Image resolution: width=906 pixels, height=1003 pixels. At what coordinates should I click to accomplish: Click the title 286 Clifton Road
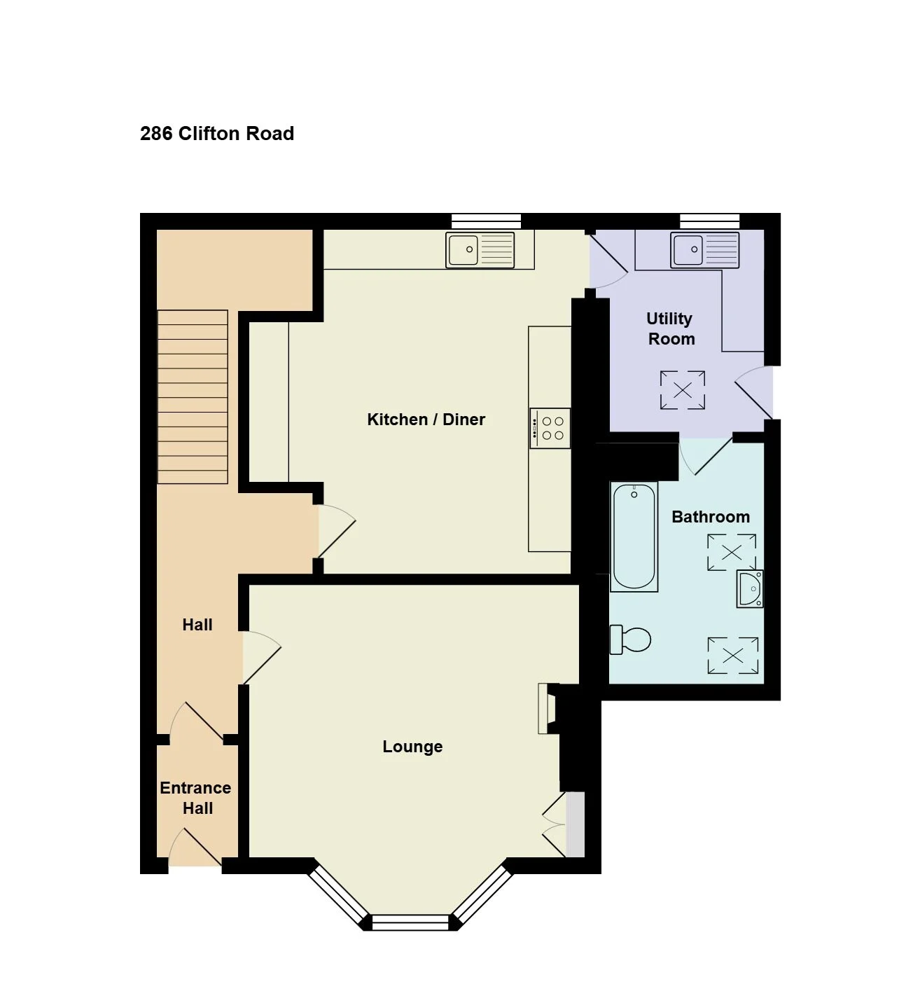pos(217,134)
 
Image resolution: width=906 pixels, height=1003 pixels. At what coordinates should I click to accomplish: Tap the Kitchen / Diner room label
pos(426,419)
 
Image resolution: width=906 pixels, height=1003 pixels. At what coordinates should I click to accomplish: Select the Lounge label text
pos(412,746)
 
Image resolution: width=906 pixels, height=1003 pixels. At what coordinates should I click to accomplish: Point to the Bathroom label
pos(711,516)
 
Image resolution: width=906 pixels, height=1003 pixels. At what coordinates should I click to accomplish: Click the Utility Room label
pos(670,328)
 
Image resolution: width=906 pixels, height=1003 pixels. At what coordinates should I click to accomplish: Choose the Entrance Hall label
pos(195,798)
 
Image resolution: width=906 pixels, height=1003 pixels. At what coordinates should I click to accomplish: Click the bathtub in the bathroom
pos(634,537)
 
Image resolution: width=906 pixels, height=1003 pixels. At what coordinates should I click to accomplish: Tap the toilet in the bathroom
pos(630,639)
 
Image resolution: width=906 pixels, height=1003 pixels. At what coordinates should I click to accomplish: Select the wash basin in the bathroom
pos(749,589)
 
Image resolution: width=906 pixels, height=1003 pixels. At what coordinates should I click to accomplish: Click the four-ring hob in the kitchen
pos(550,428)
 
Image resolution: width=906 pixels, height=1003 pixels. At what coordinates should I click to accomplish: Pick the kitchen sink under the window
pos(480,249)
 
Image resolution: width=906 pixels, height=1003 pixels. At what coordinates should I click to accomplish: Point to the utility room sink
pos(704,249)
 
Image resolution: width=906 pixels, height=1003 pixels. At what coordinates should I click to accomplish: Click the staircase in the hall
pos(193,396)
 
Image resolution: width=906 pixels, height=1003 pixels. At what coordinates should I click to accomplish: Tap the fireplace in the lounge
pos(548,709)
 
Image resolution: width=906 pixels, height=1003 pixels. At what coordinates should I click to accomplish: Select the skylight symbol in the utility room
pos(683,390)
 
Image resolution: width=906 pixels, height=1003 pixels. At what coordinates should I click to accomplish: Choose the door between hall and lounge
pos(261,658)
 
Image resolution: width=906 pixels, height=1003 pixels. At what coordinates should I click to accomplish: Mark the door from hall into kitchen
pos(337,531)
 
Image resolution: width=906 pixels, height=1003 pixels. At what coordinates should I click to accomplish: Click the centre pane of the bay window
pos(410,923)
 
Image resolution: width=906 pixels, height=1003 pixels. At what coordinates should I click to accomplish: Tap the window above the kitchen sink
pos(486,221)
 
